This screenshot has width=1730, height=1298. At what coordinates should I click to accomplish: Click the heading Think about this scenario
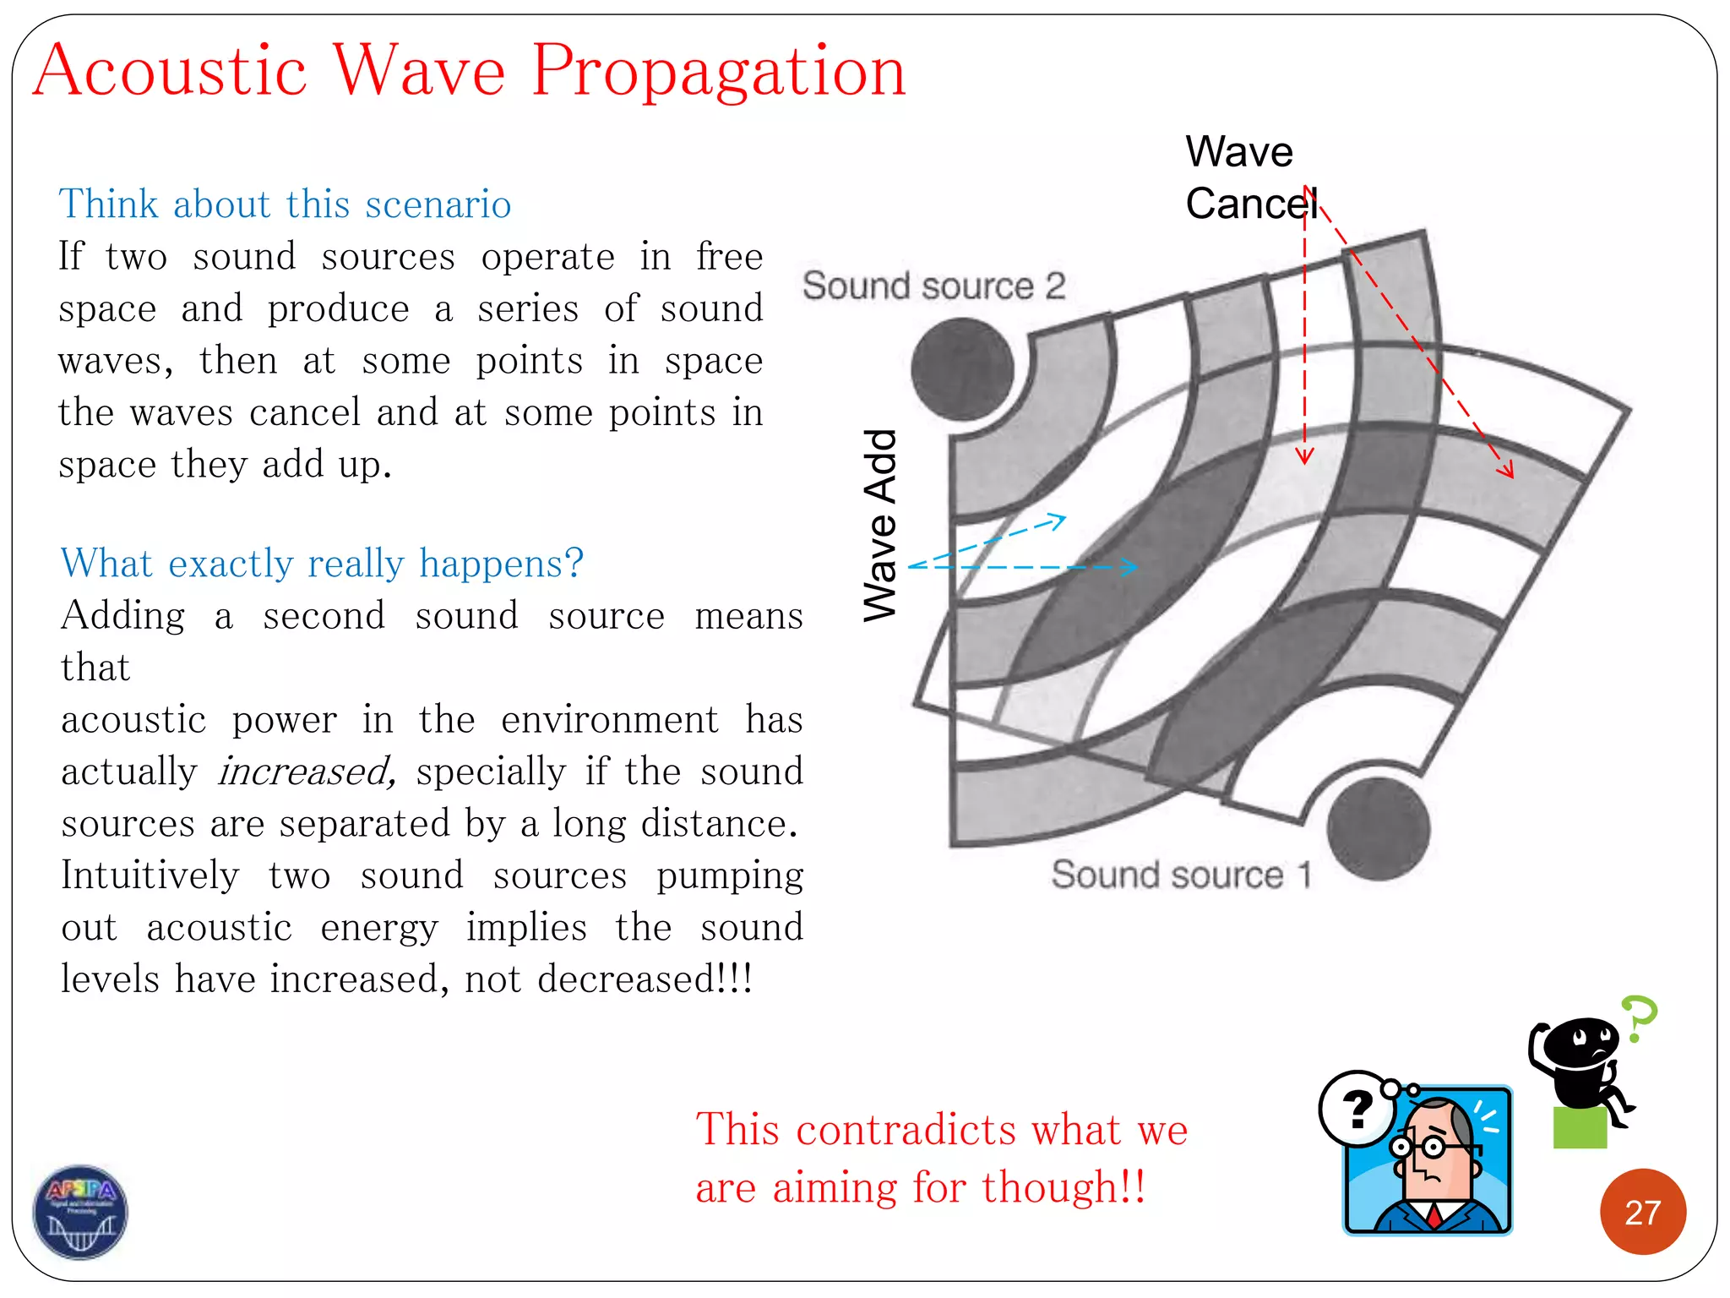(x=285, y=205)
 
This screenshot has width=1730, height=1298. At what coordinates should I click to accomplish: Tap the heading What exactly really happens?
(x=322, y=563)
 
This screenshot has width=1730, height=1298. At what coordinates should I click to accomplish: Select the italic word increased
(x=306, y=772)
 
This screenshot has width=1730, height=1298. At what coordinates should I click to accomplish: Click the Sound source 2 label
(x=933, y=286)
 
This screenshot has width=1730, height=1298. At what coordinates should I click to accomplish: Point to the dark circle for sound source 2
(x=962, y=369)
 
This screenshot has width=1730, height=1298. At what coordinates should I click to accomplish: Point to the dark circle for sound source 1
(x=1378, y=828)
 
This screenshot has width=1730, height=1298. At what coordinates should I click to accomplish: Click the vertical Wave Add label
(x=880, y=525)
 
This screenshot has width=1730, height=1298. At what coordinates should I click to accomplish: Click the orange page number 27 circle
(x=1642, y=1212)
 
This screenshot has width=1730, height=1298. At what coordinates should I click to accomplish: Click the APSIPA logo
(x=80, y=1212)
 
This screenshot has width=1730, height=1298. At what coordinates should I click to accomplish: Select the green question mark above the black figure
(x=1640, y=1017)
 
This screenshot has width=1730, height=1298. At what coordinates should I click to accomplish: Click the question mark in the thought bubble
(x=1357, y=1109)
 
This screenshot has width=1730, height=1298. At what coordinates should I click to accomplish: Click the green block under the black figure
(x=1580, y=1128)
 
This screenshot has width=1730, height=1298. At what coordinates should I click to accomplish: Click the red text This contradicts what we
(x=941, y=1130)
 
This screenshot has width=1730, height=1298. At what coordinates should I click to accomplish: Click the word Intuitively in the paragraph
(x=150, y=875)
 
